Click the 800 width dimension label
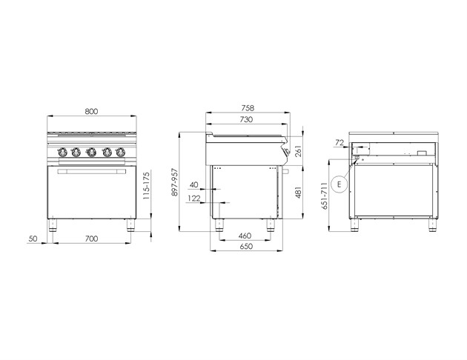click(91, 111)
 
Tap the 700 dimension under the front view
click(91, 239)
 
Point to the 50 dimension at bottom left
click(33, 239)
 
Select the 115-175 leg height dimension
click(146, 186)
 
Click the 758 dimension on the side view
click(248, 107)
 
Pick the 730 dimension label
click(246, 119)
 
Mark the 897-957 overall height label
click(175, 182)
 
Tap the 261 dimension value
click(299, 151)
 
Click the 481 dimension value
click(299, 192)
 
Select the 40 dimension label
click(194, 184)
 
